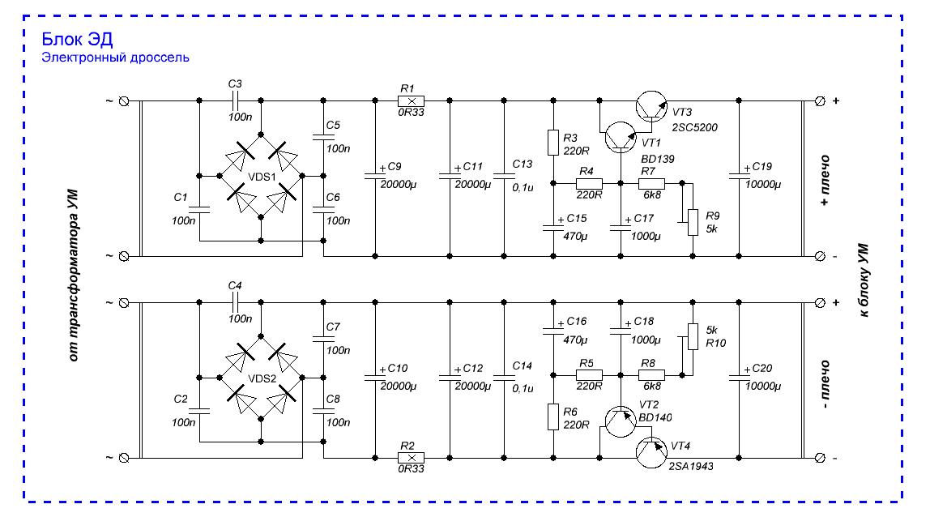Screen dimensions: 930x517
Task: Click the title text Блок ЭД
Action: pyautogui.click(x=77, y=39)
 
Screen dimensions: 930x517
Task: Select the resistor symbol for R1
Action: pyautogui.click(x=411, y=101)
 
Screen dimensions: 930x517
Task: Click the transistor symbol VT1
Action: pyautogui.click(x=621, y=137)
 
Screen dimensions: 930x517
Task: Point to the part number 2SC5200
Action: pyautogui.click(x=694, y=127)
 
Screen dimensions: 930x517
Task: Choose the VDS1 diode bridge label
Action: pyautogui.click(x=262, y=177)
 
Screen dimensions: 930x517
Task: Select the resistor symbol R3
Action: pyautogui.click(x=552, y=143)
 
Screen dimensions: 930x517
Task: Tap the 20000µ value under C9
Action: pyautogui.click(x=399, y=185)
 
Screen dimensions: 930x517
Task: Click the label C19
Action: pyautogui.click(x=762, y=167)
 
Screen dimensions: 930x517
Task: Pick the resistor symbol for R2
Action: pyautogui.click(x=411, y=458)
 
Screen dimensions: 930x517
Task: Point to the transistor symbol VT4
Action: pyautogui.click(x=651, y=451)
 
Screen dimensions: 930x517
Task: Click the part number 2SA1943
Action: pyautogui.click(x=691, y=467)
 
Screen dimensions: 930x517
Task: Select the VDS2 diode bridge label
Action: pyautogui.click(x=262, y=378)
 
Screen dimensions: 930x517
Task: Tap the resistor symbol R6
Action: pyautogui.click(x=552, y=417)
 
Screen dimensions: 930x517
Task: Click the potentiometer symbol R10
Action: pyautogui.click(x=692, y=336)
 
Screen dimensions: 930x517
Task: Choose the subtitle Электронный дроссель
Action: pyautogui.click(x=115, y=58)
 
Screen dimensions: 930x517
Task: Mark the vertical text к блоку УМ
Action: pyautogui.click(x=864, y=280)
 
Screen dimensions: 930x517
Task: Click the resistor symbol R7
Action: pyautogui.click(x=651, y=184)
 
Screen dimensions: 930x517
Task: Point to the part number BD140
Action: pyautogui.click(x=655, y=418)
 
